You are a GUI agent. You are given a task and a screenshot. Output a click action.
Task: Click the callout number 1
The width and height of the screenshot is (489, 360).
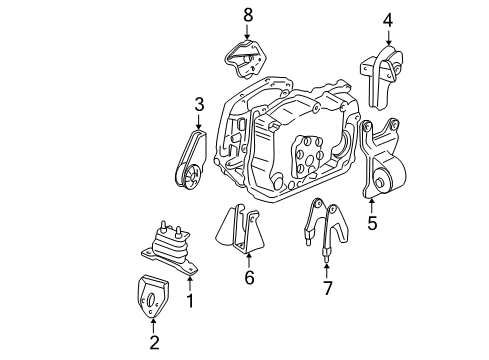point(190,301)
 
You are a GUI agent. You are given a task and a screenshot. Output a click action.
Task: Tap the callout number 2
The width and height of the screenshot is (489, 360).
point(154,342)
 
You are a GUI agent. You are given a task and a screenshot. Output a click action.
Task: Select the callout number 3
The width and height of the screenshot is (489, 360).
point(199,105)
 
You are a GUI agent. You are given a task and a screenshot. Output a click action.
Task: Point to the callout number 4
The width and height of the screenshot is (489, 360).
point(388,21)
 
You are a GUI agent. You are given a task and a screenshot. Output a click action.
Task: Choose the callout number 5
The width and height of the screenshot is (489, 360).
point(372,223)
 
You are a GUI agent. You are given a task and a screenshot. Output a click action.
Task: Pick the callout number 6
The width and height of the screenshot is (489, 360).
point(249,277)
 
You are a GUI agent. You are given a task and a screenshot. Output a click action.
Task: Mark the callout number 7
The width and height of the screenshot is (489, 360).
point(328,288)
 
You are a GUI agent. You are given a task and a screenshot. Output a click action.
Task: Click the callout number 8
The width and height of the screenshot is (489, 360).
point(248,15)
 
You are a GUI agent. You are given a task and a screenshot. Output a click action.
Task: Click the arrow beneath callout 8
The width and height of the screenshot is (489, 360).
point(247,32)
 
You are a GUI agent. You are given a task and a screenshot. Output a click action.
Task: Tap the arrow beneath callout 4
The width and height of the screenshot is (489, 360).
point(388,38)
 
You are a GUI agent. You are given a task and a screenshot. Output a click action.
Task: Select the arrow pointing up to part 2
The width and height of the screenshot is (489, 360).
point(153,326)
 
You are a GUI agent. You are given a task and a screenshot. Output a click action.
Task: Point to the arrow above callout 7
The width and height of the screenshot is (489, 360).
point(327,271)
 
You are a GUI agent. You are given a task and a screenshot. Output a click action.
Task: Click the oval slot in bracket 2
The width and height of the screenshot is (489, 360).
point(150,299)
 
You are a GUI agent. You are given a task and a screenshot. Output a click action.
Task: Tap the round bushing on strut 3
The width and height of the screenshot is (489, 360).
point(190,175)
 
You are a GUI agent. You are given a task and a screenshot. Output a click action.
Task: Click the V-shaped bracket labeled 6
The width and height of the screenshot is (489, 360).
point(241,232)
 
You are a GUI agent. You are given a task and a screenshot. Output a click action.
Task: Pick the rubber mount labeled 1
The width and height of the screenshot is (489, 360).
point(170,248)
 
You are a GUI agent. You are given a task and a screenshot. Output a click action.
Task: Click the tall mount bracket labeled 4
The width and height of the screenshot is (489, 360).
point(382,78)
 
